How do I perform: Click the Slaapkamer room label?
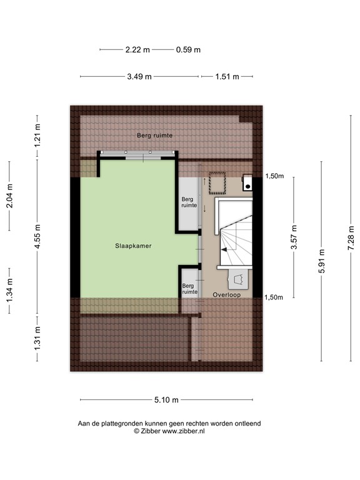134,246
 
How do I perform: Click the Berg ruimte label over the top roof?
155,135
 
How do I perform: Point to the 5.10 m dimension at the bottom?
166,400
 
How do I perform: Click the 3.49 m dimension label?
139,77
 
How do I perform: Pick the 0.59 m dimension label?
187,49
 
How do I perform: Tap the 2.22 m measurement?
137,49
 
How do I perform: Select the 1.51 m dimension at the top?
227,77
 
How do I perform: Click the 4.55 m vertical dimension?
37,238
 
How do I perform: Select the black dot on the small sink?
249,185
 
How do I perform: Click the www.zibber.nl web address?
182,431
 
